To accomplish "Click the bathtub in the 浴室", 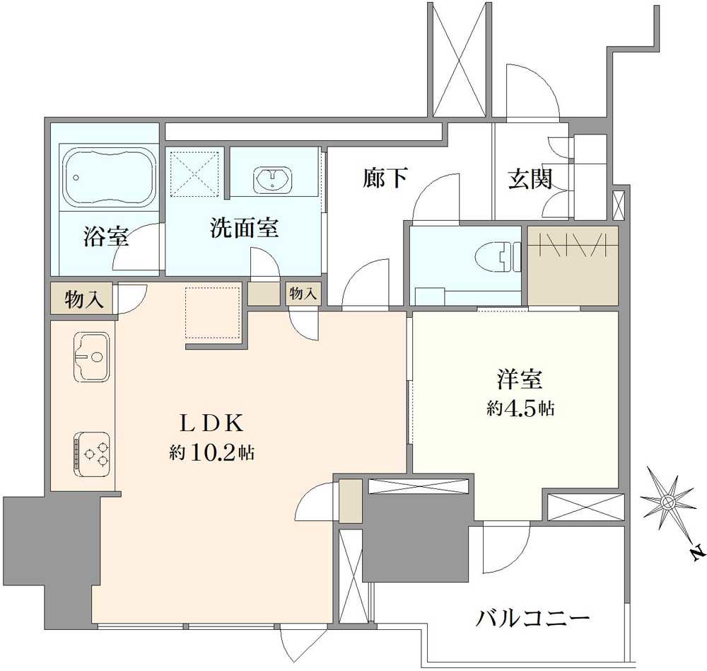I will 110,177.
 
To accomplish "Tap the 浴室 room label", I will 106,237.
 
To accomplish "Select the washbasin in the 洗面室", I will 271,179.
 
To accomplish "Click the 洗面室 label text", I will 244,228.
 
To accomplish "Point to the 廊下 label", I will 385,178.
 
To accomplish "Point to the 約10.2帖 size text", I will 211,452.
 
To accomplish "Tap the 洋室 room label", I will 519,380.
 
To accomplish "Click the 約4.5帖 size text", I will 520,408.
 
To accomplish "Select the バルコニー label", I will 532,620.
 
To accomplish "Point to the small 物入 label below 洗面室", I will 303,294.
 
